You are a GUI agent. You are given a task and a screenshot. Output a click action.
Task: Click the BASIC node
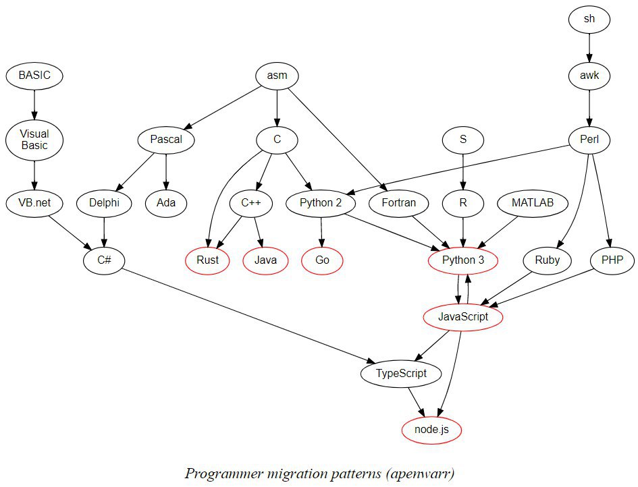pos(34,76)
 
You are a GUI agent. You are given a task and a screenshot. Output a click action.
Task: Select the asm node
pos(277,76)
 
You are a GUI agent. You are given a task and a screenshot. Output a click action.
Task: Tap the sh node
pos(589,19)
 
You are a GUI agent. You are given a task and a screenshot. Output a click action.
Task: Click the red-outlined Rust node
pos(207,260)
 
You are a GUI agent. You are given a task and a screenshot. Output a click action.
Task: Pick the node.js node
pos(431,430)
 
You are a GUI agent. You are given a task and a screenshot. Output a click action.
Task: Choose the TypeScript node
pos(401,374)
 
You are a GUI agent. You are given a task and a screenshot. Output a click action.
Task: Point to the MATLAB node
pos(533,203)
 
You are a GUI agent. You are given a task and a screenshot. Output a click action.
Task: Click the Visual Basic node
pos(34,140)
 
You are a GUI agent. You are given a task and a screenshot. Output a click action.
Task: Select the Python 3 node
pos(463,260)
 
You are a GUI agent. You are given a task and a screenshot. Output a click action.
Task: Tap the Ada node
pos(166,203)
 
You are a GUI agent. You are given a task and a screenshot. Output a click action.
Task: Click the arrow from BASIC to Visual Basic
pos(34,105)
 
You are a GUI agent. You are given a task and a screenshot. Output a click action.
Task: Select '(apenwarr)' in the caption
pos(420,474)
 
